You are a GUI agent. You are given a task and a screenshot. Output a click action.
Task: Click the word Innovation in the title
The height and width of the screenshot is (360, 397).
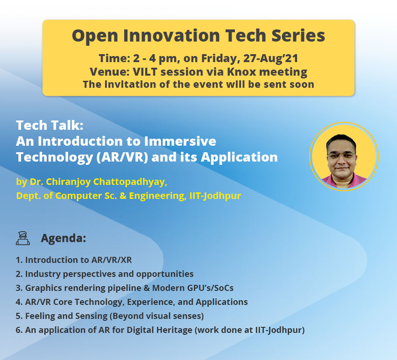tap(171, 35)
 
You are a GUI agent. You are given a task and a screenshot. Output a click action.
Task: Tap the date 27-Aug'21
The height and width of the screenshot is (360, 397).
tap(270, 58)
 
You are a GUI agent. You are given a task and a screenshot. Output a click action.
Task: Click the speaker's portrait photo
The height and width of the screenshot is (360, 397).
tap(344, 156)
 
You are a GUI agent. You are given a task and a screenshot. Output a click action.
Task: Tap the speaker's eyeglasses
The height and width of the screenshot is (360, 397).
tap(341, 155)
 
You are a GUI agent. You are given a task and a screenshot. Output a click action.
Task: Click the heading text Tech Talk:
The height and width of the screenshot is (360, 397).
tap(50, 125)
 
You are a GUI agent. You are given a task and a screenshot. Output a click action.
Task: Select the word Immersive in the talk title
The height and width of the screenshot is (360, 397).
tap(180, 141)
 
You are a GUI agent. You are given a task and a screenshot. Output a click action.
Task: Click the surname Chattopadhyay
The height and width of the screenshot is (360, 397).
tap(130, 182)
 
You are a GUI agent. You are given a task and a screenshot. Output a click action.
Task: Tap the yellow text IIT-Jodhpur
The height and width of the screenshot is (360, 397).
tap(215, 196)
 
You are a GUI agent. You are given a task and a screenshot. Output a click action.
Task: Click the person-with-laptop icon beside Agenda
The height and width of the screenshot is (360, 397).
tap(23, 238)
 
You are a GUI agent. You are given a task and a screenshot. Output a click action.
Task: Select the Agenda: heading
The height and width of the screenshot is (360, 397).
tap(64, 238)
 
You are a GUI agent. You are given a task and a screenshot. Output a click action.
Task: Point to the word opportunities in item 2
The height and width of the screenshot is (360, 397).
tap(164, 274)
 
